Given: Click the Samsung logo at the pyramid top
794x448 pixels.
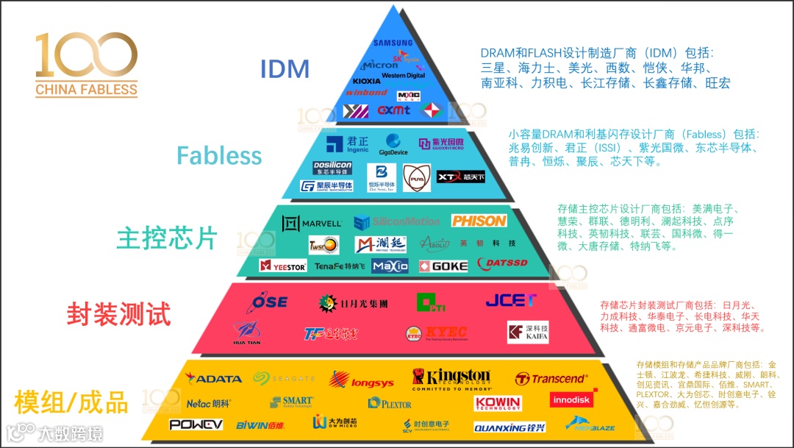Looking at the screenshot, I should pos(393,43).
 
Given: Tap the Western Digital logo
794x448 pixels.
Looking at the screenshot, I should pos(403,75).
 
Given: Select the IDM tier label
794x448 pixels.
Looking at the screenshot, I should pos(285,69).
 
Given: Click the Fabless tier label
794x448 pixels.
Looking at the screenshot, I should pos(219,155).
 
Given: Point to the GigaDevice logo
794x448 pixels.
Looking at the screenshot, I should pos(394,145).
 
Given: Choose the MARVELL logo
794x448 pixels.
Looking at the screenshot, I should pos(312,222).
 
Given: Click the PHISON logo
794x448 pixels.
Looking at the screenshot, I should pos(479,221).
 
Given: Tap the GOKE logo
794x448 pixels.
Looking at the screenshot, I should pos(443,266).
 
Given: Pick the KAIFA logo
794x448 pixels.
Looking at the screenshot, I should pos(528,333).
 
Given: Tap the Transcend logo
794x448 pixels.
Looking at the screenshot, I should pos(551,379).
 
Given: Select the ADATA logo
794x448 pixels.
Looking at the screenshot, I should pos(214,379).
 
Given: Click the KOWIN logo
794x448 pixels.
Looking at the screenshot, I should pos(498,402).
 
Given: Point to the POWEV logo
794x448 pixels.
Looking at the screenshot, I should pos(196,424).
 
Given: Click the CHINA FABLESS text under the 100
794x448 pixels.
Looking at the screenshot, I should pos(86,90).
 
